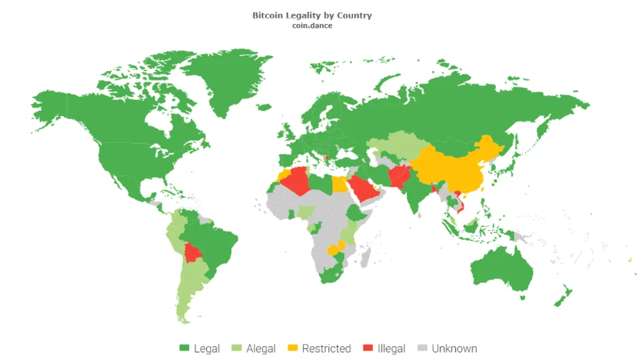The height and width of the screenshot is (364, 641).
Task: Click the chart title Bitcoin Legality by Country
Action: tap(312, 16)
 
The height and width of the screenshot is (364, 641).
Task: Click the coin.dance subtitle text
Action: tap(312, 25)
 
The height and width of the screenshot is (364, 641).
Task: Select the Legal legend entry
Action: tap(199, 348)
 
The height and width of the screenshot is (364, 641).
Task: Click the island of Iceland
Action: tap(264, 107)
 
